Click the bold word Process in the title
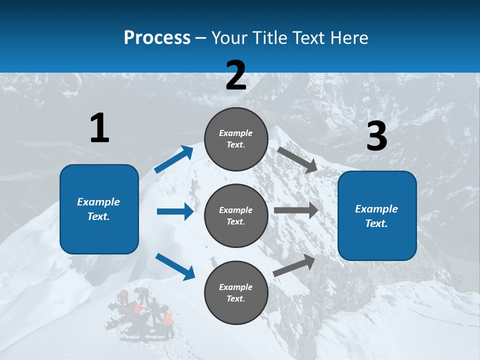157,37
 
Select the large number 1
99,128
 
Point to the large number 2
236,75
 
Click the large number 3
376,136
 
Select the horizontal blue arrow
175,211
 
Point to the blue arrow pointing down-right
175,266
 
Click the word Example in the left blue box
98,202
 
